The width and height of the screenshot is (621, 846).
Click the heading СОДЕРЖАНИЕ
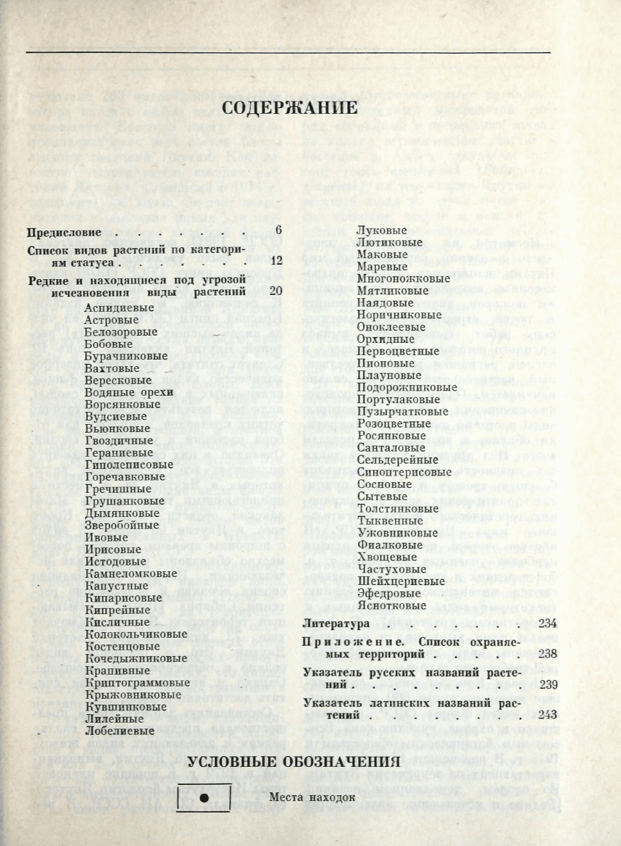(289, 108)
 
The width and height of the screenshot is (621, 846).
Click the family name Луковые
(381, 230)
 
